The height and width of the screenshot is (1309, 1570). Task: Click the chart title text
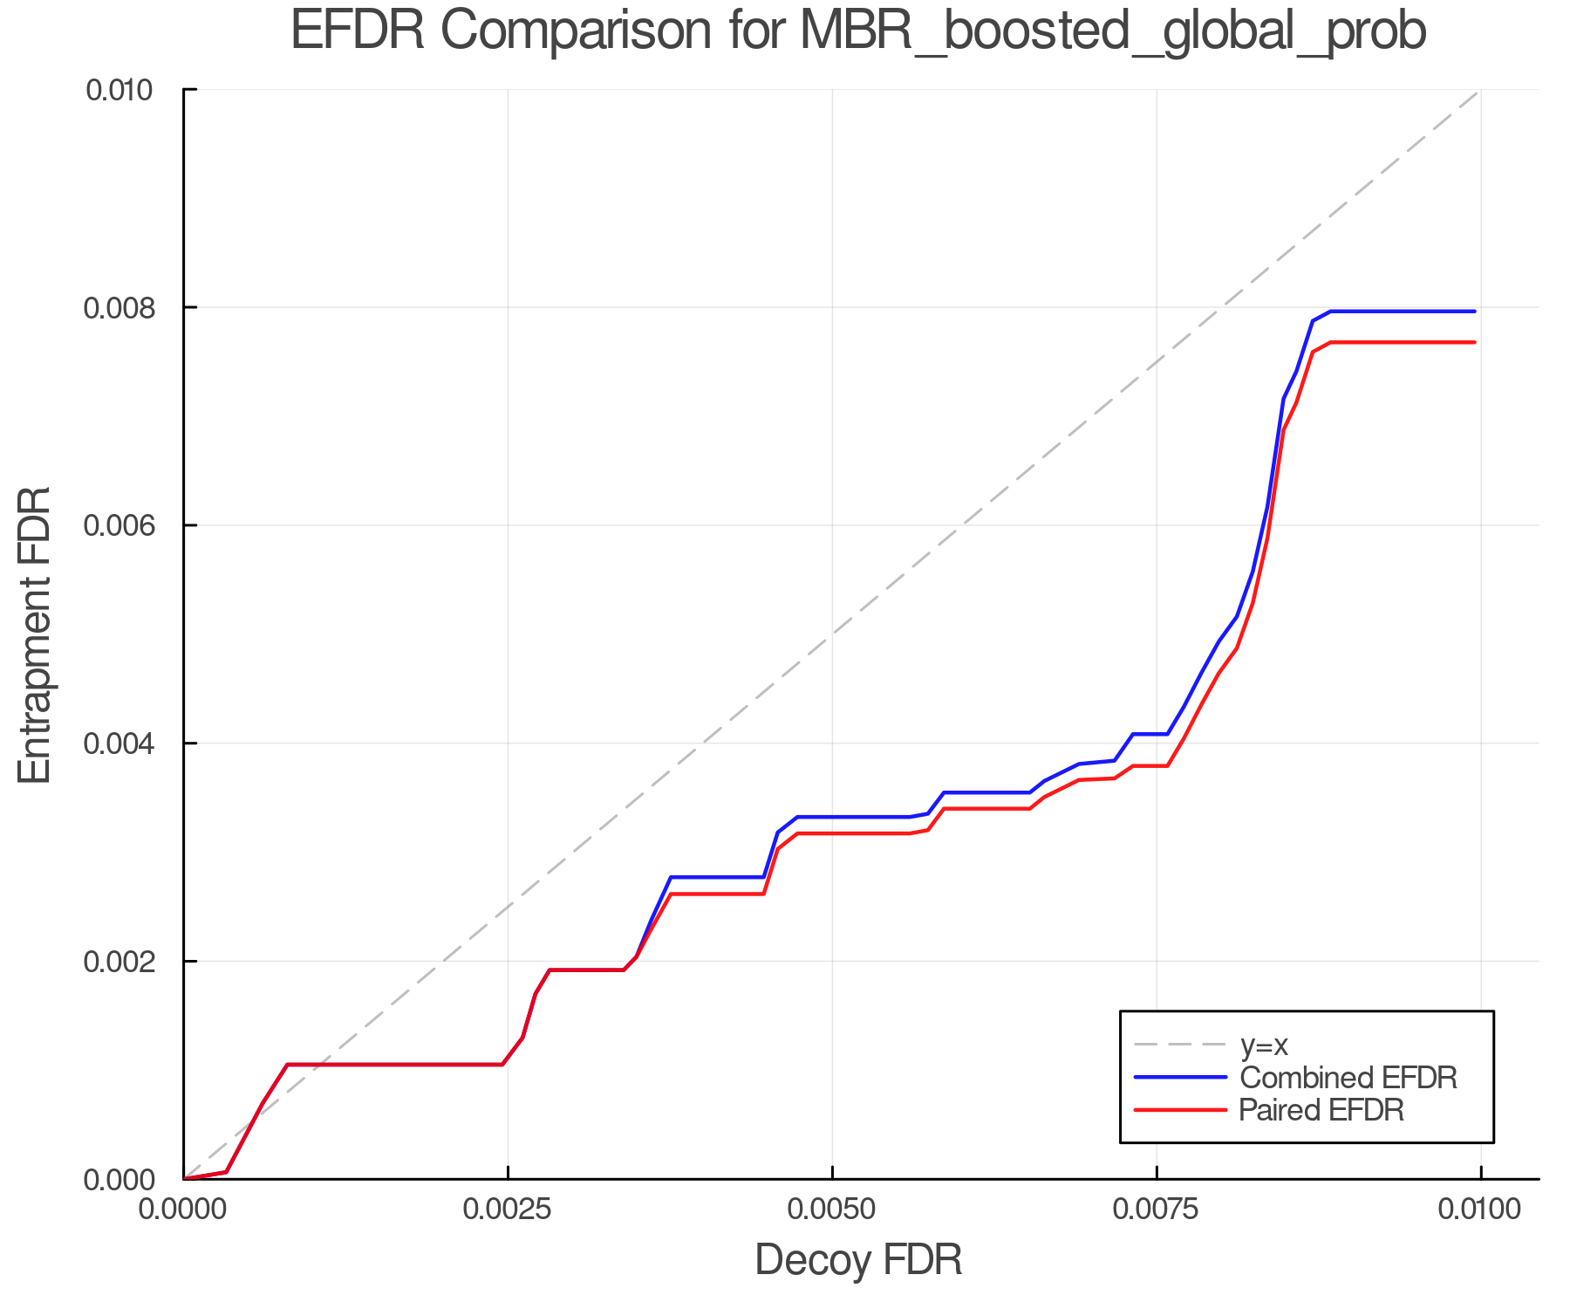coord(857,31)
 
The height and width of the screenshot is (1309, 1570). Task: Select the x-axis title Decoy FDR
coord(857,1260)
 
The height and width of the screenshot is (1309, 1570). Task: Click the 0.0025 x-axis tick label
coord(508,1210)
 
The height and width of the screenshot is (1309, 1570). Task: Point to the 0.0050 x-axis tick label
coord(832,1210)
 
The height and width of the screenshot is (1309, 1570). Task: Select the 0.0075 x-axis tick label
coord(1157,1210)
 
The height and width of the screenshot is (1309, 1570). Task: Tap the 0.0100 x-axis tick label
coord(1480,1210)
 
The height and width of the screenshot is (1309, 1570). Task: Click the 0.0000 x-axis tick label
coord(184,1210)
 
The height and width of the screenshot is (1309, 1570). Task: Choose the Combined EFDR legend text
coord(1348,1078)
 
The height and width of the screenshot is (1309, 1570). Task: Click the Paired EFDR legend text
coord(1321,1110)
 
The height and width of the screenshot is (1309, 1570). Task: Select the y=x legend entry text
coord(1264,1045)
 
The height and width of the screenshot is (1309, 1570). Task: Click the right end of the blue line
coord(1474,312)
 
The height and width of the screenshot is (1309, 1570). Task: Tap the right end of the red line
coord(1474,342)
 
